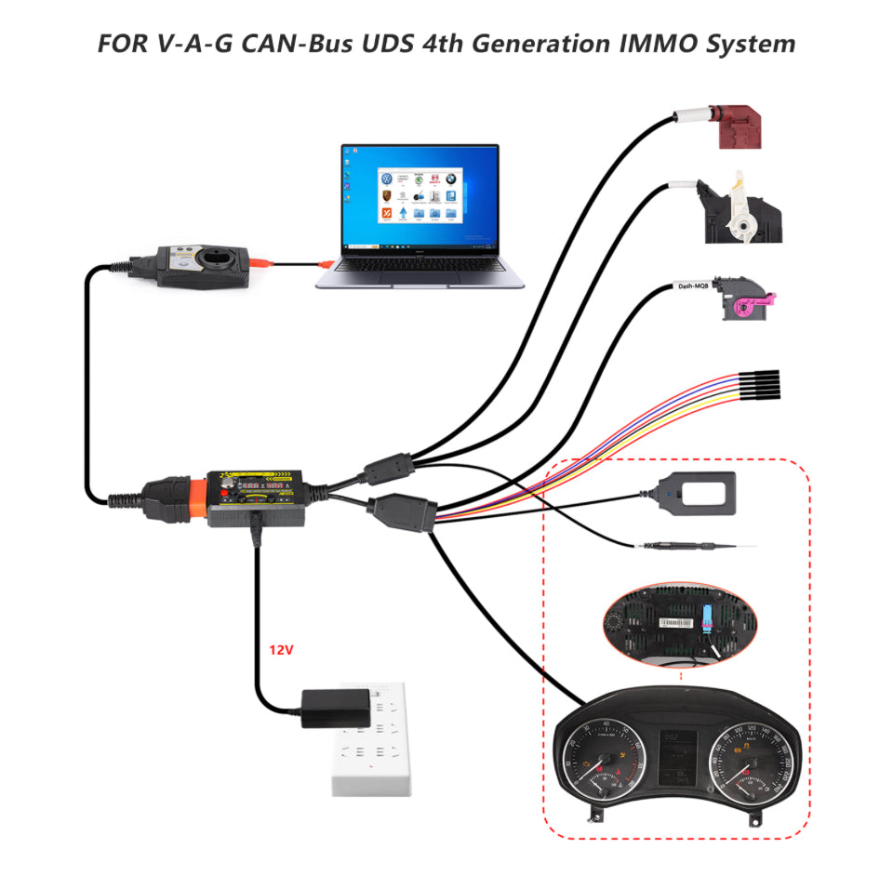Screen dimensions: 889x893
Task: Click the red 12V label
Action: coord(281,650)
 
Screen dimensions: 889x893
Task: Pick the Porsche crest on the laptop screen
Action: coord(385,196)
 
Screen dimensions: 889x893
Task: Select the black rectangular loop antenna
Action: coord(703,492)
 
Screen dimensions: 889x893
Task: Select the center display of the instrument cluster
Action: coord(675,755)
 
